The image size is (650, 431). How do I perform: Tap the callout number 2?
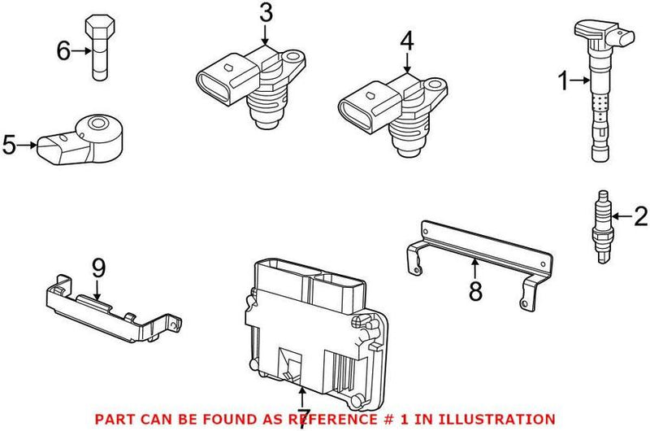click(x=640, y=216)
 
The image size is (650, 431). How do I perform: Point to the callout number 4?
click(x=406, y=39)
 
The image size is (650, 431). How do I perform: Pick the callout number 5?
click(x=10, y=146)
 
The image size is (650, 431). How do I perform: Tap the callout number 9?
click(x=98, y=267)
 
